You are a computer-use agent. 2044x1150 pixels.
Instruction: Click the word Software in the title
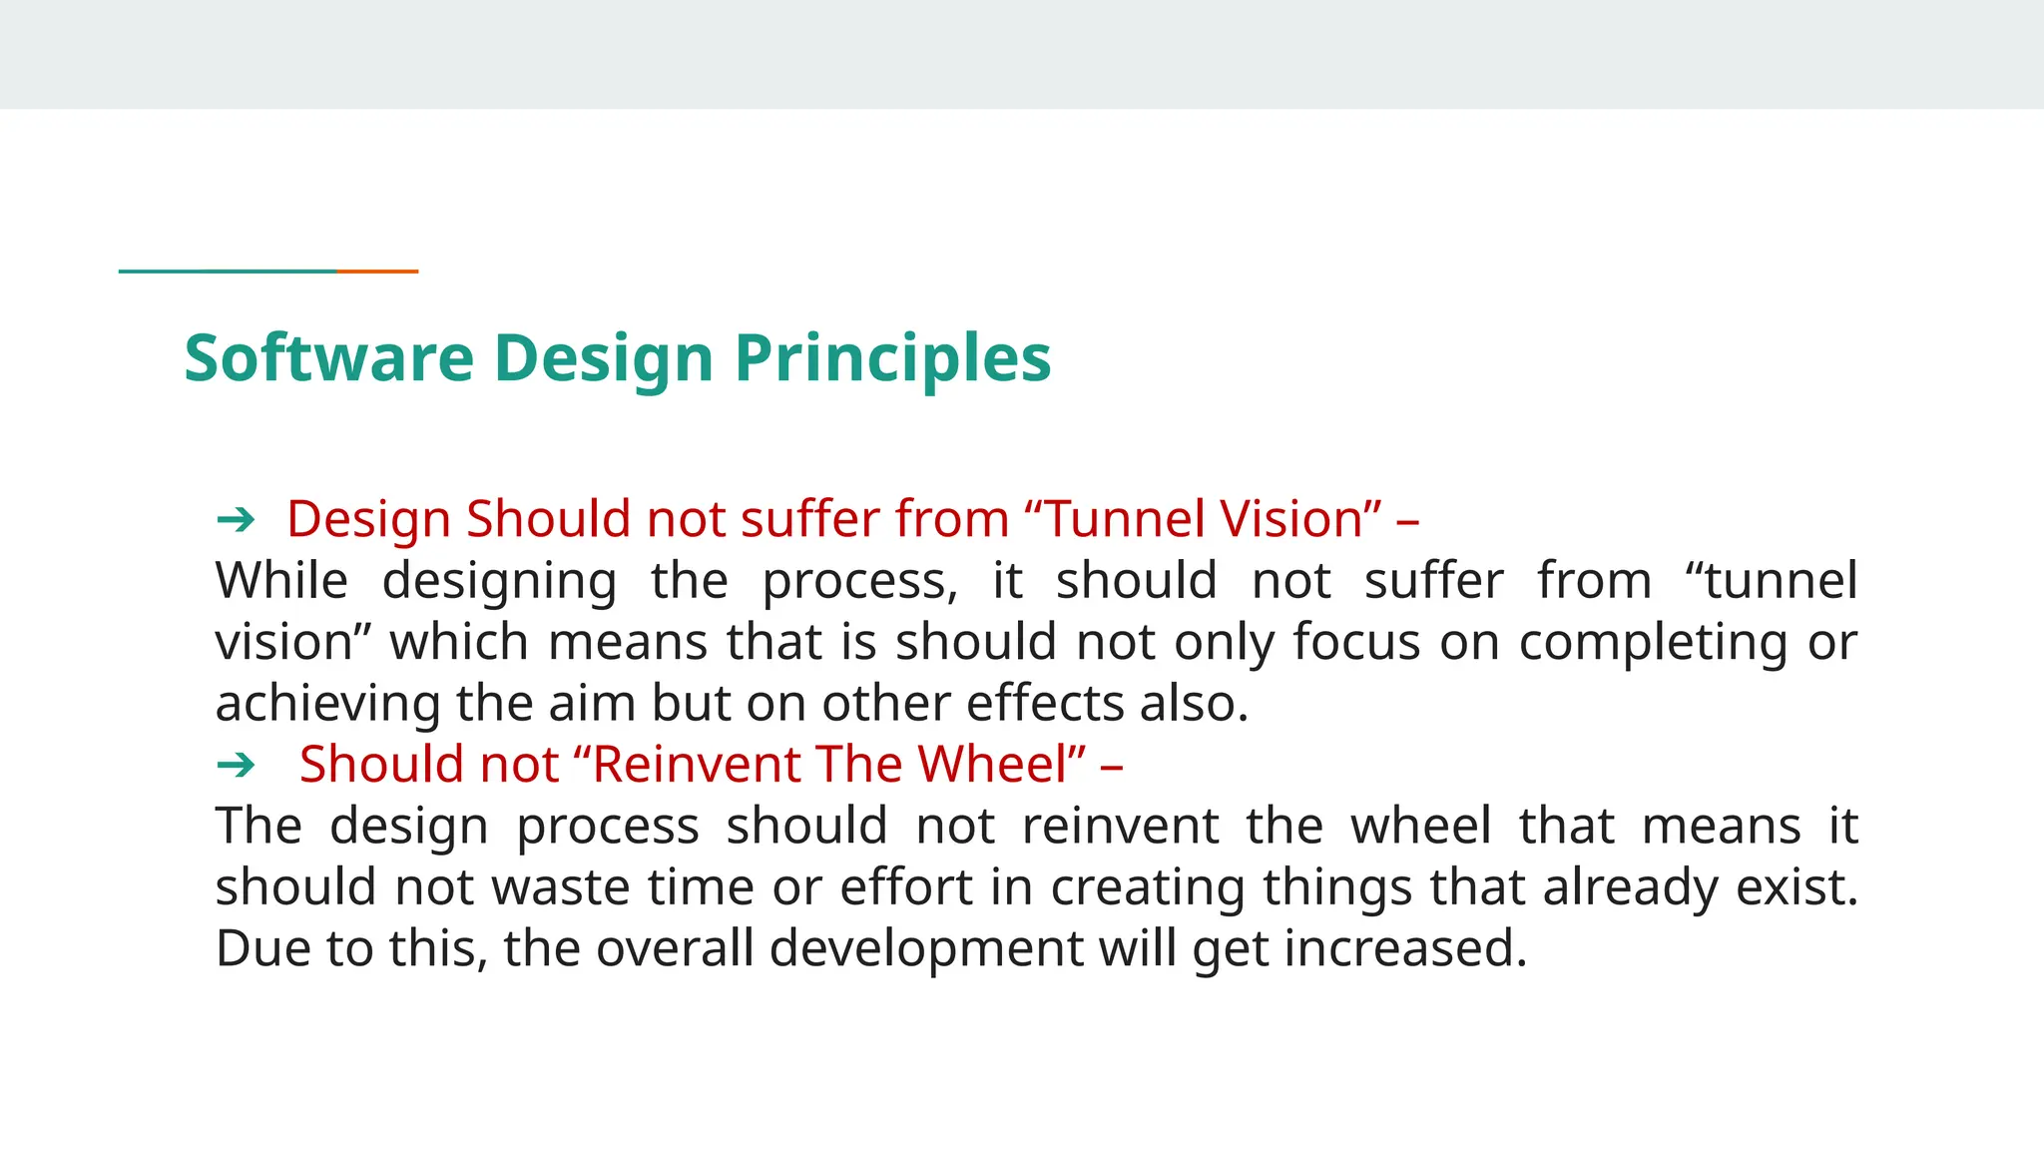coord(328,358)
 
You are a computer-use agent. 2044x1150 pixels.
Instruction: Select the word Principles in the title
coord(892,358)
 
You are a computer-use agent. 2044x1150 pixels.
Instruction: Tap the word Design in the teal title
coord(603,358)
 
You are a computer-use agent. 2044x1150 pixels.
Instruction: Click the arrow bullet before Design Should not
coord(236,519)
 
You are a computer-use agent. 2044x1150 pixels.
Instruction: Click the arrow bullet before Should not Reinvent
coord(236,765)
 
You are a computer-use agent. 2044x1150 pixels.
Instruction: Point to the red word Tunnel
coord(1128,519)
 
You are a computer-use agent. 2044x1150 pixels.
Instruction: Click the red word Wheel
coord(1001,765)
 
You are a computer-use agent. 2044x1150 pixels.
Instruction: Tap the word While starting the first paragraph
coord(281,581)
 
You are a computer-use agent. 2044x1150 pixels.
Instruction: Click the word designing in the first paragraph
coord(499,581)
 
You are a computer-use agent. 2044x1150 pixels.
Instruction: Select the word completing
coord(1653,642)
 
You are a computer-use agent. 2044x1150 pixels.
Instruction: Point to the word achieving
coord(327,704)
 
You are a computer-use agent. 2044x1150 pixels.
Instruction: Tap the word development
coord(926,948)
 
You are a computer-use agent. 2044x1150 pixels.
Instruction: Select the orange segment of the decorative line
coord(377,271)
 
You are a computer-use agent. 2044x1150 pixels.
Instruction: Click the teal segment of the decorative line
coord(228,271)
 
